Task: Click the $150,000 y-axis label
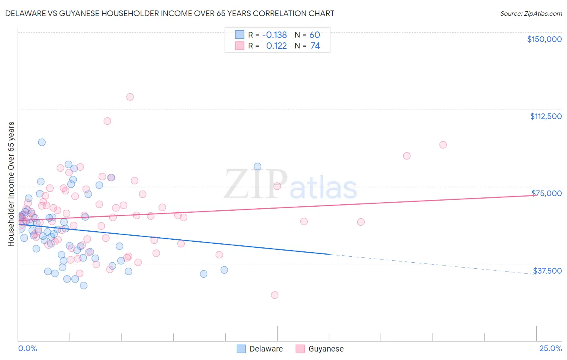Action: (x=544, y=39)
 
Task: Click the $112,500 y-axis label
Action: (x=546, y=116)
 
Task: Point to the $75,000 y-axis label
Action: (x=546, y=193)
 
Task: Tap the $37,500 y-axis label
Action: (x=547, y=271)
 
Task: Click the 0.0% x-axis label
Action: (x=27, y=348)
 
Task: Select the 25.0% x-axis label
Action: (x=550, y=348)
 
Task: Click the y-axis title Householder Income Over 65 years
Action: (x=11, y=184)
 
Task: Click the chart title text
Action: (x=170, y=13)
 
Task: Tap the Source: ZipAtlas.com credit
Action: (x=531, y=13)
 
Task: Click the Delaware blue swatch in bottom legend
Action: (x=241, y=349)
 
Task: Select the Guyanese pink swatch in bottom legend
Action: (x=300, y=349)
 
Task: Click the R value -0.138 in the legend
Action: (x=274, y=35)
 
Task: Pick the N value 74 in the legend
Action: (x=315, y=46)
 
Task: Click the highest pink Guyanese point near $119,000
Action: (x=130, y=97)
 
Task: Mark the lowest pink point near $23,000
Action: (x=275, y=295)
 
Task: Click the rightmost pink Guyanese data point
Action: (x=443, y=145)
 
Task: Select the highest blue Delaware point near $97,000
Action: (x=42, y=142)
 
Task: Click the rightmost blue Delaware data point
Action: (x=257, y=166)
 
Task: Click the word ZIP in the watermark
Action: (x=256, y=184)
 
